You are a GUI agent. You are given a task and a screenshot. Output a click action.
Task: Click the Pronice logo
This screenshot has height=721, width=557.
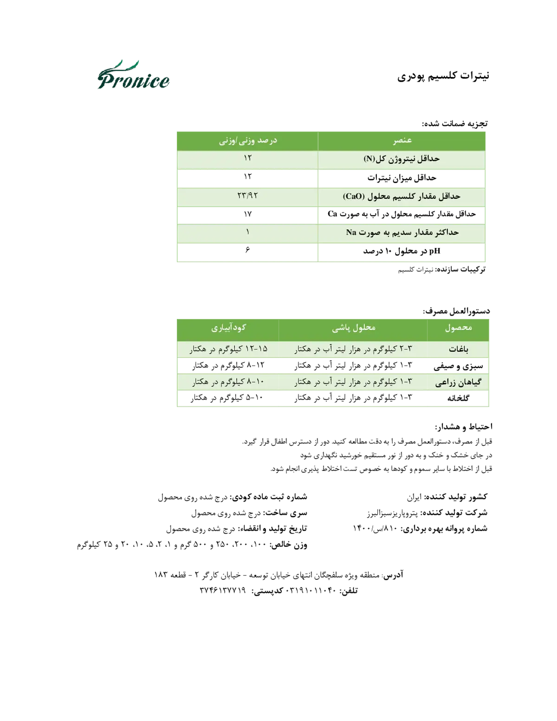(x=133, y=75)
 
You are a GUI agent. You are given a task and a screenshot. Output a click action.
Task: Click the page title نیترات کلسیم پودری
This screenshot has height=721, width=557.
(x=443, y=76)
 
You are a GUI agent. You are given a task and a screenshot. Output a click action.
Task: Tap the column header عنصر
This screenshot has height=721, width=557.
(x=402, y=141)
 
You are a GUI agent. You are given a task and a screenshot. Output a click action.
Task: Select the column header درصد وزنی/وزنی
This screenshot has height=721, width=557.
(x=248, y=141)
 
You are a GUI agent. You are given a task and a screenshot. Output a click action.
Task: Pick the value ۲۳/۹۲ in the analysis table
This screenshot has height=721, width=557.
(x=247, y=196)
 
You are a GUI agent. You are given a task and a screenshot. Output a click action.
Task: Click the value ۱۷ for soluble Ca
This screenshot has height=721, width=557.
(x=247, y=214)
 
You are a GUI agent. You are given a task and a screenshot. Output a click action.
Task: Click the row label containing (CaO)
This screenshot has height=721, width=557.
(x=402, y=196)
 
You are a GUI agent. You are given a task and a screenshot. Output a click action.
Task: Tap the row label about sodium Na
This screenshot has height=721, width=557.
(x=402, y=232)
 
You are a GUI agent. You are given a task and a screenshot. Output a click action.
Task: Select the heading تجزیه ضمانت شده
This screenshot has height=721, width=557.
(x=454, y=124)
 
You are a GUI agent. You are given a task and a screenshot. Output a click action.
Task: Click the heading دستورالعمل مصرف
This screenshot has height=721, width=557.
(x=456, y=311)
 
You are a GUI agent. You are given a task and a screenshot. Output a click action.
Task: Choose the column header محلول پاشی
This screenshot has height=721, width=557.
(x=354, y=328)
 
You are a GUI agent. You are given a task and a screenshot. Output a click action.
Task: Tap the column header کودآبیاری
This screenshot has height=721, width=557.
(x=228, y=328)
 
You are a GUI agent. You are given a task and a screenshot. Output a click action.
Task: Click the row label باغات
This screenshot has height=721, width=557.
(x=459, y=350)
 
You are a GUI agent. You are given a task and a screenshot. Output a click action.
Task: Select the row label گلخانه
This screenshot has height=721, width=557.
(x=458, y=398)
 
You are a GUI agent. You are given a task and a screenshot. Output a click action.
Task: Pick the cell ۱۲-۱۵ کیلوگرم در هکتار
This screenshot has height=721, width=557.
(x=228, y=349)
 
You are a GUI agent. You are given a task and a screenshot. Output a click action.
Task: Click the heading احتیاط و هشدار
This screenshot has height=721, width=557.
(x=464, y=426)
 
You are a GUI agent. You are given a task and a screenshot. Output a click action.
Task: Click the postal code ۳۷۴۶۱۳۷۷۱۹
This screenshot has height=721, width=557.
(x=223, y=590)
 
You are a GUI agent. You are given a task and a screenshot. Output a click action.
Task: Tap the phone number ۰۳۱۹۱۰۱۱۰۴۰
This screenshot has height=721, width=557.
(x=311, y=590)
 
